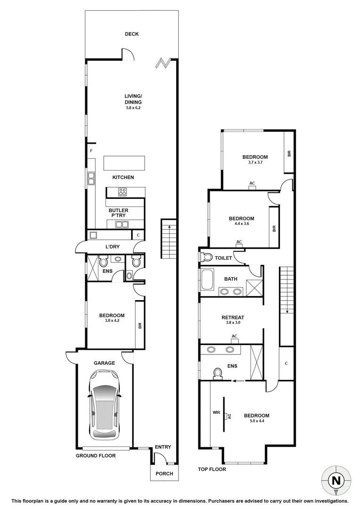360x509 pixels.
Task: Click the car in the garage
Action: click(x=105, y=404)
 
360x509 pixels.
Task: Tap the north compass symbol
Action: click(x=336, y=481)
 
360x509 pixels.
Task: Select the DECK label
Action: click(x=131, y=34)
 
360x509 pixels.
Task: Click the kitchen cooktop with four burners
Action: click(x=123, y=192)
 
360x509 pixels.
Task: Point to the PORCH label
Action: click(x=164, y=474)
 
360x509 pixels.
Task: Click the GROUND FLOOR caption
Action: click(x=96, y=456)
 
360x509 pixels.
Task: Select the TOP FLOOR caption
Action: click(x=212, y=469)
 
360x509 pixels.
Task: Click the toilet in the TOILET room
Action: click(x=206, y=257)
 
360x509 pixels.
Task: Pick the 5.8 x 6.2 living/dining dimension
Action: click(x=133, y=108)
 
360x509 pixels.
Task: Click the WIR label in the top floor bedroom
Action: click(x=216, y=412)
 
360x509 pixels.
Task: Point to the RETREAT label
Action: click(x=233, y=318)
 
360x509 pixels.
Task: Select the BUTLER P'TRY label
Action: click(x=119, y=213)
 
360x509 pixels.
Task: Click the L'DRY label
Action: click(x=111, y=246)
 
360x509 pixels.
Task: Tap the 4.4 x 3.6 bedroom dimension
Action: click(x=241, y=225)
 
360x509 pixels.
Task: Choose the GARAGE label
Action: click(x=104, y=363)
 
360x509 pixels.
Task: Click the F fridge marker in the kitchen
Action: click(x=91, y=151)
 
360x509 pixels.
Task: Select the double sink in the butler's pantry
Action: click(x=122, y=225)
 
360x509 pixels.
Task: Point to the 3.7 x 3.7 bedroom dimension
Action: click(x=255, y=163)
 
